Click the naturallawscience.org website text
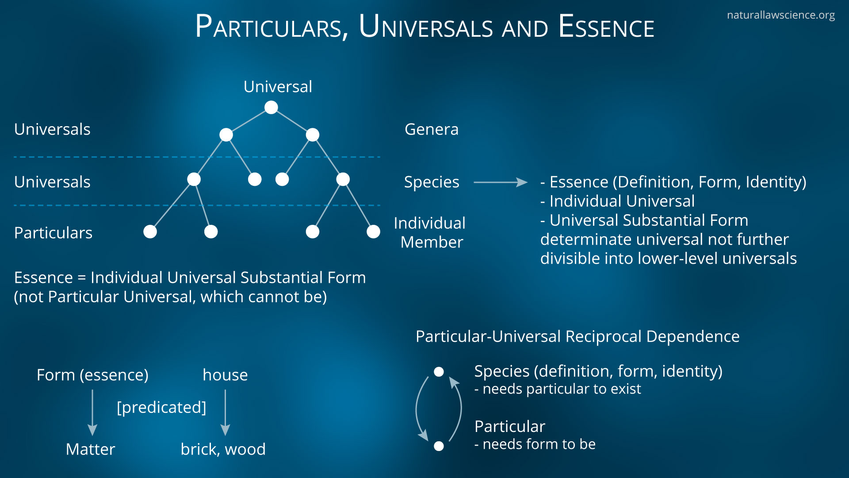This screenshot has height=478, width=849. pyautogui.click(x=780, y=15)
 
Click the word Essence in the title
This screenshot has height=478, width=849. pyautogui.click(x=606, y=27)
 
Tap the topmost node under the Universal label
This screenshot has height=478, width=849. pyautogui.click(x=271, y=107)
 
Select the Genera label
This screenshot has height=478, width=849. pyautogui.click(x=431, y=129)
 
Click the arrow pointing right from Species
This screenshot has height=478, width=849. pyautogui.click(x=500, y=182)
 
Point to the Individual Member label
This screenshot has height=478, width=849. pyautogui.click(x=430, y=232)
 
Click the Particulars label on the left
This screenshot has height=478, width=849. pyautogui.click(x=53, y=233)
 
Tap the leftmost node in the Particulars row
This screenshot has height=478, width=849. pyautogui.click(x=150, y=231)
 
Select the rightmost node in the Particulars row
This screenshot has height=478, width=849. pyautogui.click(x=373, y=231)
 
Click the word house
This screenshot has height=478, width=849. pyautogui.click(x=225, y=375)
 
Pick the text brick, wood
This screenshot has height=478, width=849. pyautogui.click(x=223, y=449)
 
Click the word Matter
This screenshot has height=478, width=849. pyautogui.click(x=90, y=449)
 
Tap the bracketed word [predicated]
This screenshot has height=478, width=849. pyautogui.click(x=161, y=407)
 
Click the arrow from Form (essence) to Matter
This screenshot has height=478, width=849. pyautogui.click(x=92, y=412)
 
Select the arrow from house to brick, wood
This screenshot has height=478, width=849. pyautogui.click(x=225, y=412)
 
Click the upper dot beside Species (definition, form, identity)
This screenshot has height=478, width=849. pyautogui.click(x=439, y=372)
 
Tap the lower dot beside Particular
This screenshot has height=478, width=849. pyautogui.click(x=439, y=446)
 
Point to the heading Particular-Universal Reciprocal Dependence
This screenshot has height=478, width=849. pyautogui.click(x=577, y=336)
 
